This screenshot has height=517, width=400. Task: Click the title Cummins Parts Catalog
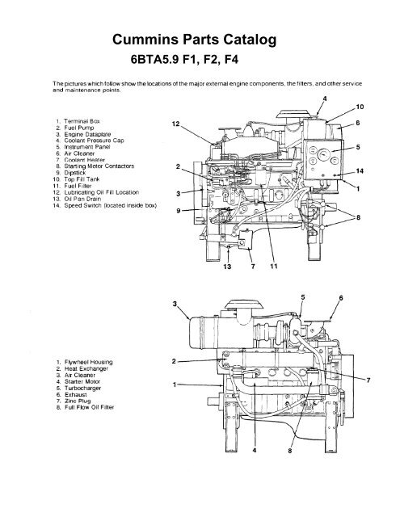coord(199,39)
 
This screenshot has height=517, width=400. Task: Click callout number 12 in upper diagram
coord(176,124)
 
